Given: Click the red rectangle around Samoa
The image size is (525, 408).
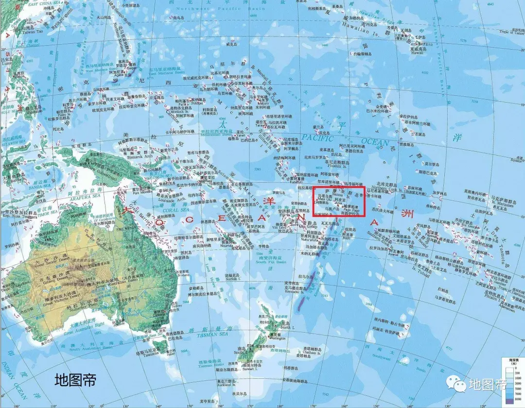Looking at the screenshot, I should (x=338, y=200).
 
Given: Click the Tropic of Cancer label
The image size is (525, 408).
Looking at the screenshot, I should (x=511, y=32).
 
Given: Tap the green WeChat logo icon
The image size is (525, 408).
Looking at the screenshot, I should (x=458, y=385).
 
